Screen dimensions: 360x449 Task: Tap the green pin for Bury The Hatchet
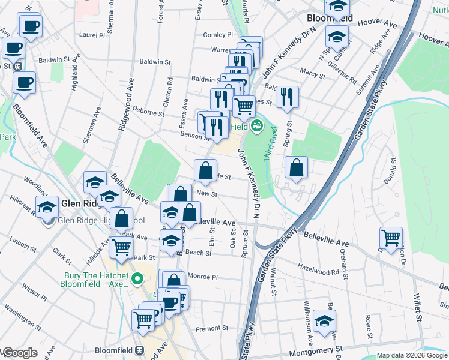click(137, 278)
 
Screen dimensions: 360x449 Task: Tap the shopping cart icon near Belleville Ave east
click(391, 236)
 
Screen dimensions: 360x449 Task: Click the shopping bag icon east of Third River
click(296, 169)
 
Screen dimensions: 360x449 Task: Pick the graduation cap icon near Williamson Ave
click(325, 321)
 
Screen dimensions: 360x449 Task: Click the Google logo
click(19, 353)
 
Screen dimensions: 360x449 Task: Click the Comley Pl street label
click(217, 35)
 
